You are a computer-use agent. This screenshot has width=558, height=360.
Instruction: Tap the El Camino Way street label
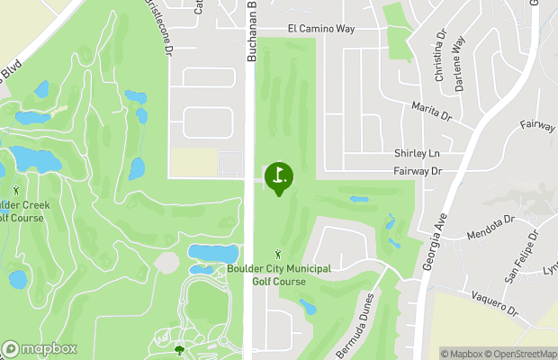[x=321, y=29]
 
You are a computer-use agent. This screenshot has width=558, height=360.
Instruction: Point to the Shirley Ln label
[x=415, y=154]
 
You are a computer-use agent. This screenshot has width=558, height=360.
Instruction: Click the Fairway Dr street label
[x=418, y=170]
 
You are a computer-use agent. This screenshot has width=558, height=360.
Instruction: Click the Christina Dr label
[x=440, y=57]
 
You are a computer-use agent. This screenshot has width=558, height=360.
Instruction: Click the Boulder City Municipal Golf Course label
[x=279, y=274]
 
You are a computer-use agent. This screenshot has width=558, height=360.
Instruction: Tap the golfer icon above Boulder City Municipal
[x=278, y=255]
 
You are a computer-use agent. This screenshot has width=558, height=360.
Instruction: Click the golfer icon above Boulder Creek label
[x=16, y=190]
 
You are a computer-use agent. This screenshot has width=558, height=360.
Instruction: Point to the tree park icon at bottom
[x=178, y=349]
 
